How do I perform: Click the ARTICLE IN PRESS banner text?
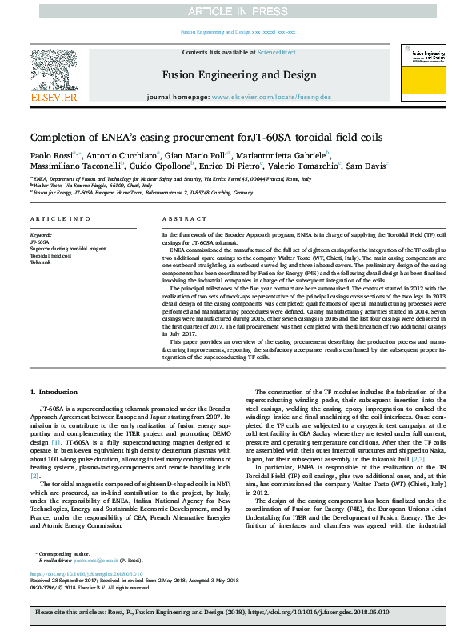pyautogui.click(x=238, y=11)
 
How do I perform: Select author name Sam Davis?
pyautogui.click(x=366, y=165)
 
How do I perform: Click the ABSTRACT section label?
pyautogui.click(x=179, y=218)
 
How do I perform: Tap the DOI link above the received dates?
pyautogui.click(x=86, y=574)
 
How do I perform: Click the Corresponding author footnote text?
pyautogui.click(x=64, y=553)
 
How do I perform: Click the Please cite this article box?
pyautogui.click(x=238, y=613)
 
